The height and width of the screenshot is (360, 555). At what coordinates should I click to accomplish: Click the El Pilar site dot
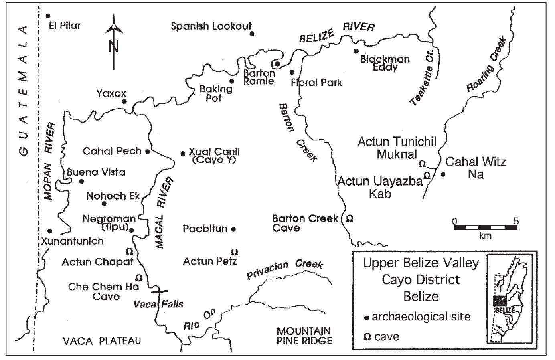click(x=48, y=16)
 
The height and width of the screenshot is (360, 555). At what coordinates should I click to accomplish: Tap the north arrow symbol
click(x=114, y=40)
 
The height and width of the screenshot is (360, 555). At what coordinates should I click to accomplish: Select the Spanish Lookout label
click(x=211, y=26)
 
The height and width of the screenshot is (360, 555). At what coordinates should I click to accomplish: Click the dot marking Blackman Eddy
click(x=356, y=51)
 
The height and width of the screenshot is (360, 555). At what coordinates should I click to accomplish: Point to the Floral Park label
click(x=316, y=83)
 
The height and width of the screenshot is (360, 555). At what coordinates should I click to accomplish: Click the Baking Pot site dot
click(x=232, y=81)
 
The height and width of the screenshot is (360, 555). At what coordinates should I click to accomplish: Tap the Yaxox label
click(x=111, y=93)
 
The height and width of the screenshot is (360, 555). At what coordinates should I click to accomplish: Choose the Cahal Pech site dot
click(x=148, y=152)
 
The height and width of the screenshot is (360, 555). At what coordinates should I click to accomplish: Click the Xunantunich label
click(x=72, y=241)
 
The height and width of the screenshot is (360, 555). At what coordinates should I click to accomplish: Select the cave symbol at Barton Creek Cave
click(x=350, y=219)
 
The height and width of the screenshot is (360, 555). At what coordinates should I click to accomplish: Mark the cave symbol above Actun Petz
click(x=235, y=252)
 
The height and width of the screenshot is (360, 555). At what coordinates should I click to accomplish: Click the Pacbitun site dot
click(x=233, y=229)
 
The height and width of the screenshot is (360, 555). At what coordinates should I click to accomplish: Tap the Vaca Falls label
click(x=158, y=304)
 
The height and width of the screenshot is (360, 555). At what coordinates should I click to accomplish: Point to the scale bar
click(x=485, y=227)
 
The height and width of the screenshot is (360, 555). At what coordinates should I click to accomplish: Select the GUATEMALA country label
click(x=24, y=90)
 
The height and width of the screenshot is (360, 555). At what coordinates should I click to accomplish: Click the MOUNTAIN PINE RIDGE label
click(x=304, y=336)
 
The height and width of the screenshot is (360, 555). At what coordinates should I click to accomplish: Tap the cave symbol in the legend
click(x=367, y=337)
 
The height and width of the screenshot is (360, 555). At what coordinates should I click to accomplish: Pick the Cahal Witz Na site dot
click(x=443, y=174)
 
